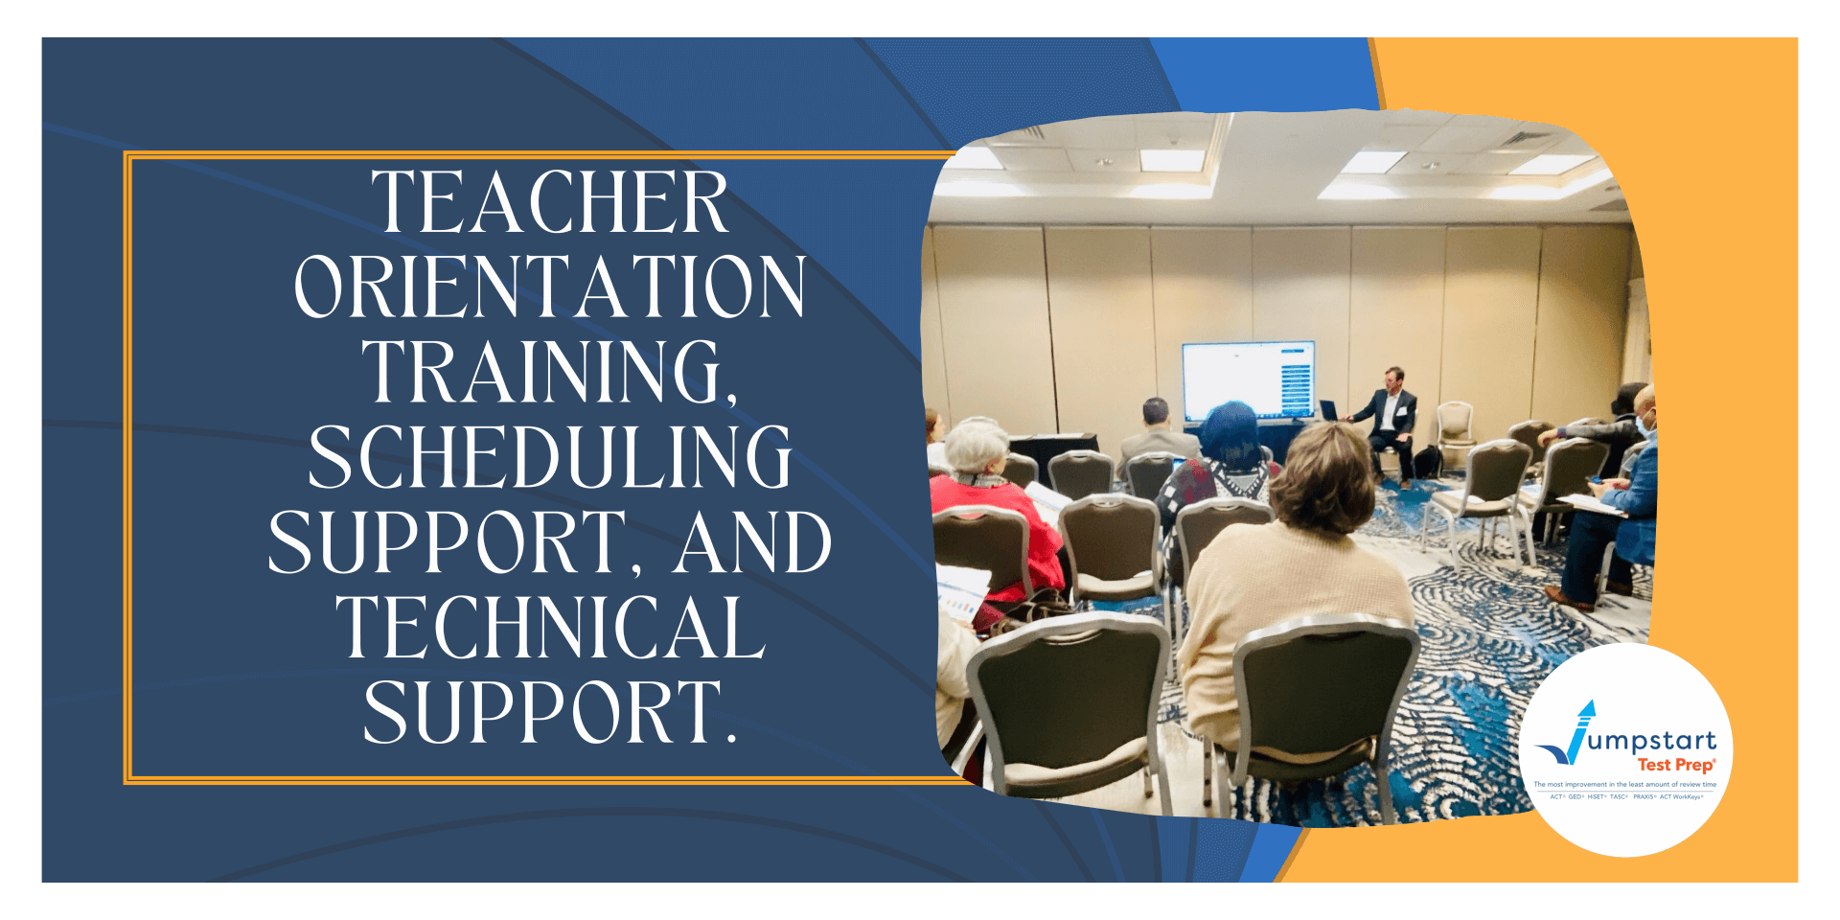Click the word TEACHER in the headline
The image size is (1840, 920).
point(550,203)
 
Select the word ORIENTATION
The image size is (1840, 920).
point(550,287)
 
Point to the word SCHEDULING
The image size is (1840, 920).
point(550,457)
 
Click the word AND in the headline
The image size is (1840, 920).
point(751,542)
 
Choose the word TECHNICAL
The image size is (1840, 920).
point(550,628)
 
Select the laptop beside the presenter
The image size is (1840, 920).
point(1329,410)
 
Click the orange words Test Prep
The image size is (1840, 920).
point(1675,765)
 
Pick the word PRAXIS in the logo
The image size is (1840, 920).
point(1644,796)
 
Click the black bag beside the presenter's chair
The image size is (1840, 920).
point(1427,462)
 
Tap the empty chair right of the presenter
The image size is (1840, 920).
point(1456,426)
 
